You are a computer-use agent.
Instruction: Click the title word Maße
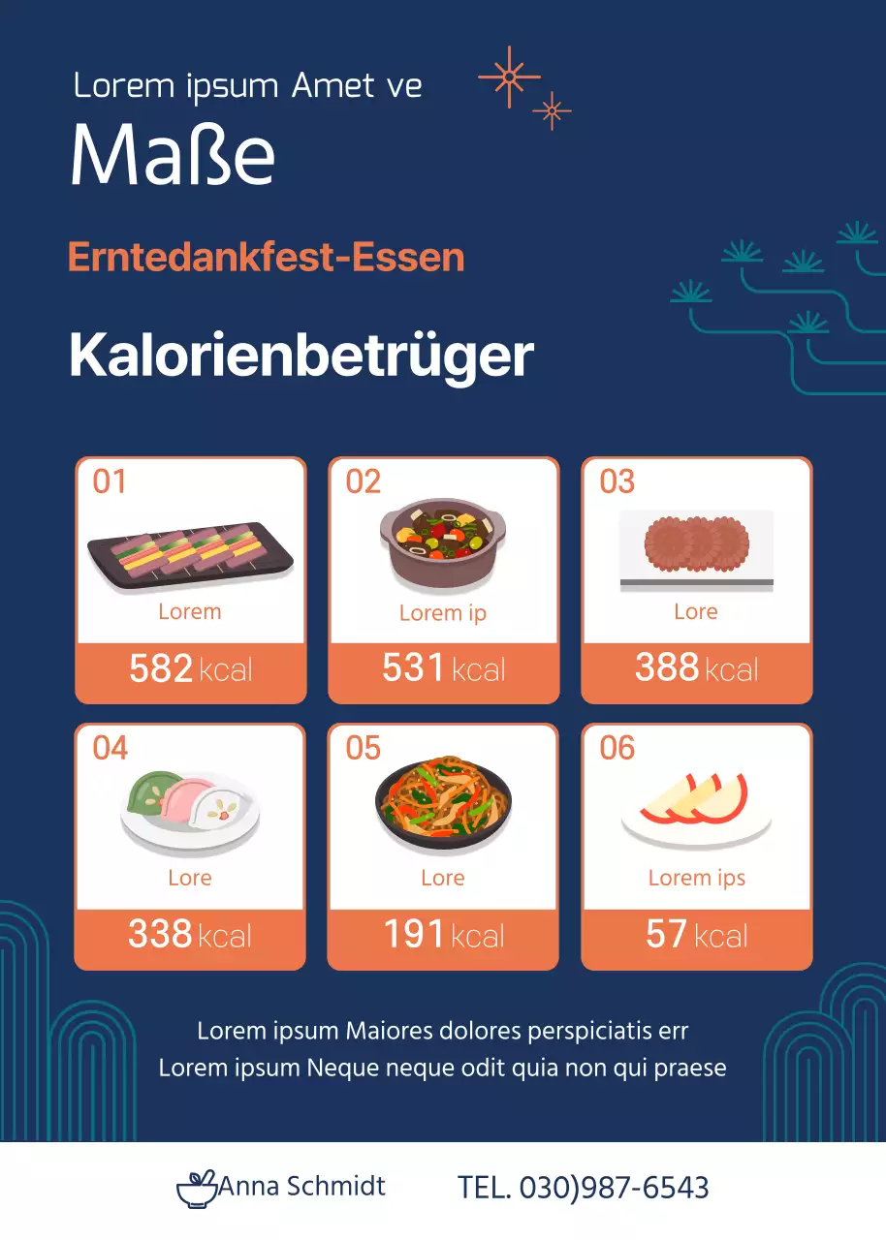point(173,155)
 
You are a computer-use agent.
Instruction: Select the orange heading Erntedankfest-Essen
point(266,258)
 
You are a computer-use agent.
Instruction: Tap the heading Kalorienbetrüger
point(301,356)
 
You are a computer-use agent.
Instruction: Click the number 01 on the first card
point(110,481)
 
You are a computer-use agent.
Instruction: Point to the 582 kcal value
point(190,668)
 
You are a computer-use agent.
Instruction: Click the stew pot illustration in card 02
point(443,545)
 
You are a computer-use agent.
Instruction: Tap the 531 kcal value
point(443,668)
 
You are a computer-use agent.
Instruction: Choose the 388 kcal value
point(696,668)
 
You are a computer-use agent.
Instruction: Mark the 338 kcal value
point(190,935)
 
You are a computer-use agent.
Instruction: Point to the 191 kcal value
point(443,935)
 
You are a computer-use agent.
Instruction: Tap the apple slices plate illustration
point(696,806)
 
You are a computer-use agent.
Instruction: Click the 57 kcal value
point(696,935)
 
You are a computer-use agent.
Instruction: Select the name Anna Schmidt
point(301,1186)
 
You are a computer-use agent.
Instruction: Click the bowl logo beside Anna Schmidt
point(197,1189)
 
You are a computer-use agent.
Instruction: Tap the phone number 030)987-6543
point(614,1188)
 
